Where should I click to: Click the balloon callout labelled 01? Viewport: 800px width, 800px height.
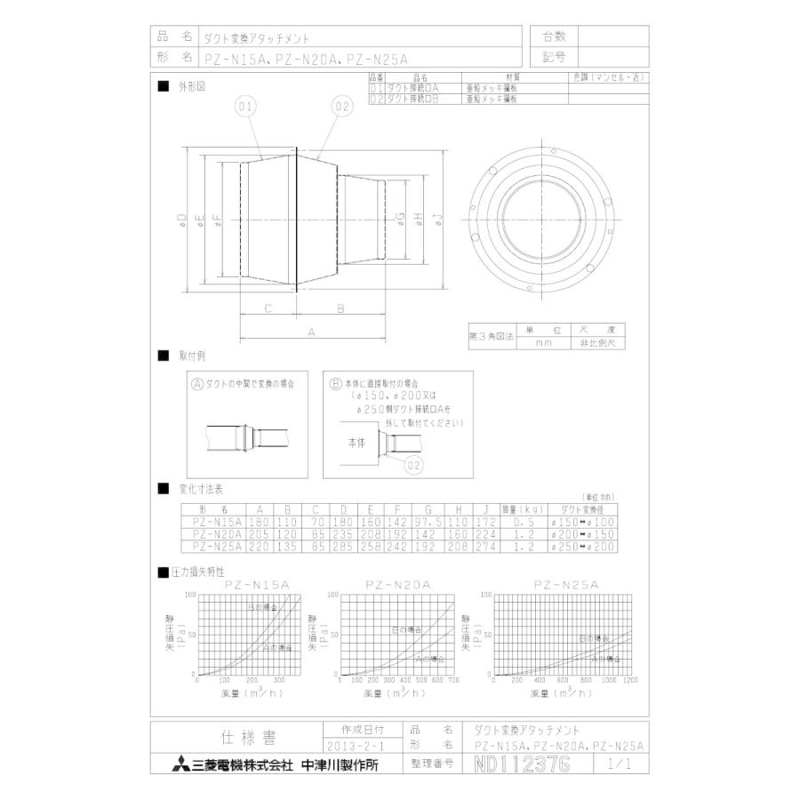tap(245, 108)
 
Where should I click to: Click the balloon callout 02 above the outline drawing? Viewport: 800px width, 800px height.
tap(343, 108)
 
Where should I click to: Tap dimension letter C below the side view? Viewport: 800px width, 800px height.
tap(268, 308)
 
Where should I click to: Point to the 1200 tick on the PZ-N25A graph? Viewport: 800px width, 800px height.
tap(630, 680)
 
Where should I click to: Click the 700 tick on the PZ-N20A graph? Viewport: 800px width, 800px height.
tap(453, 680)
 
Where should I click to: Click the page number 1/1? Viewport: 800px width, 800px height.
tap(618, 764)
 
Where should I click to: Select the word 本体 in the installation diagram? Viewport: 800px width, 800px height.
tap(355, 441)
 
